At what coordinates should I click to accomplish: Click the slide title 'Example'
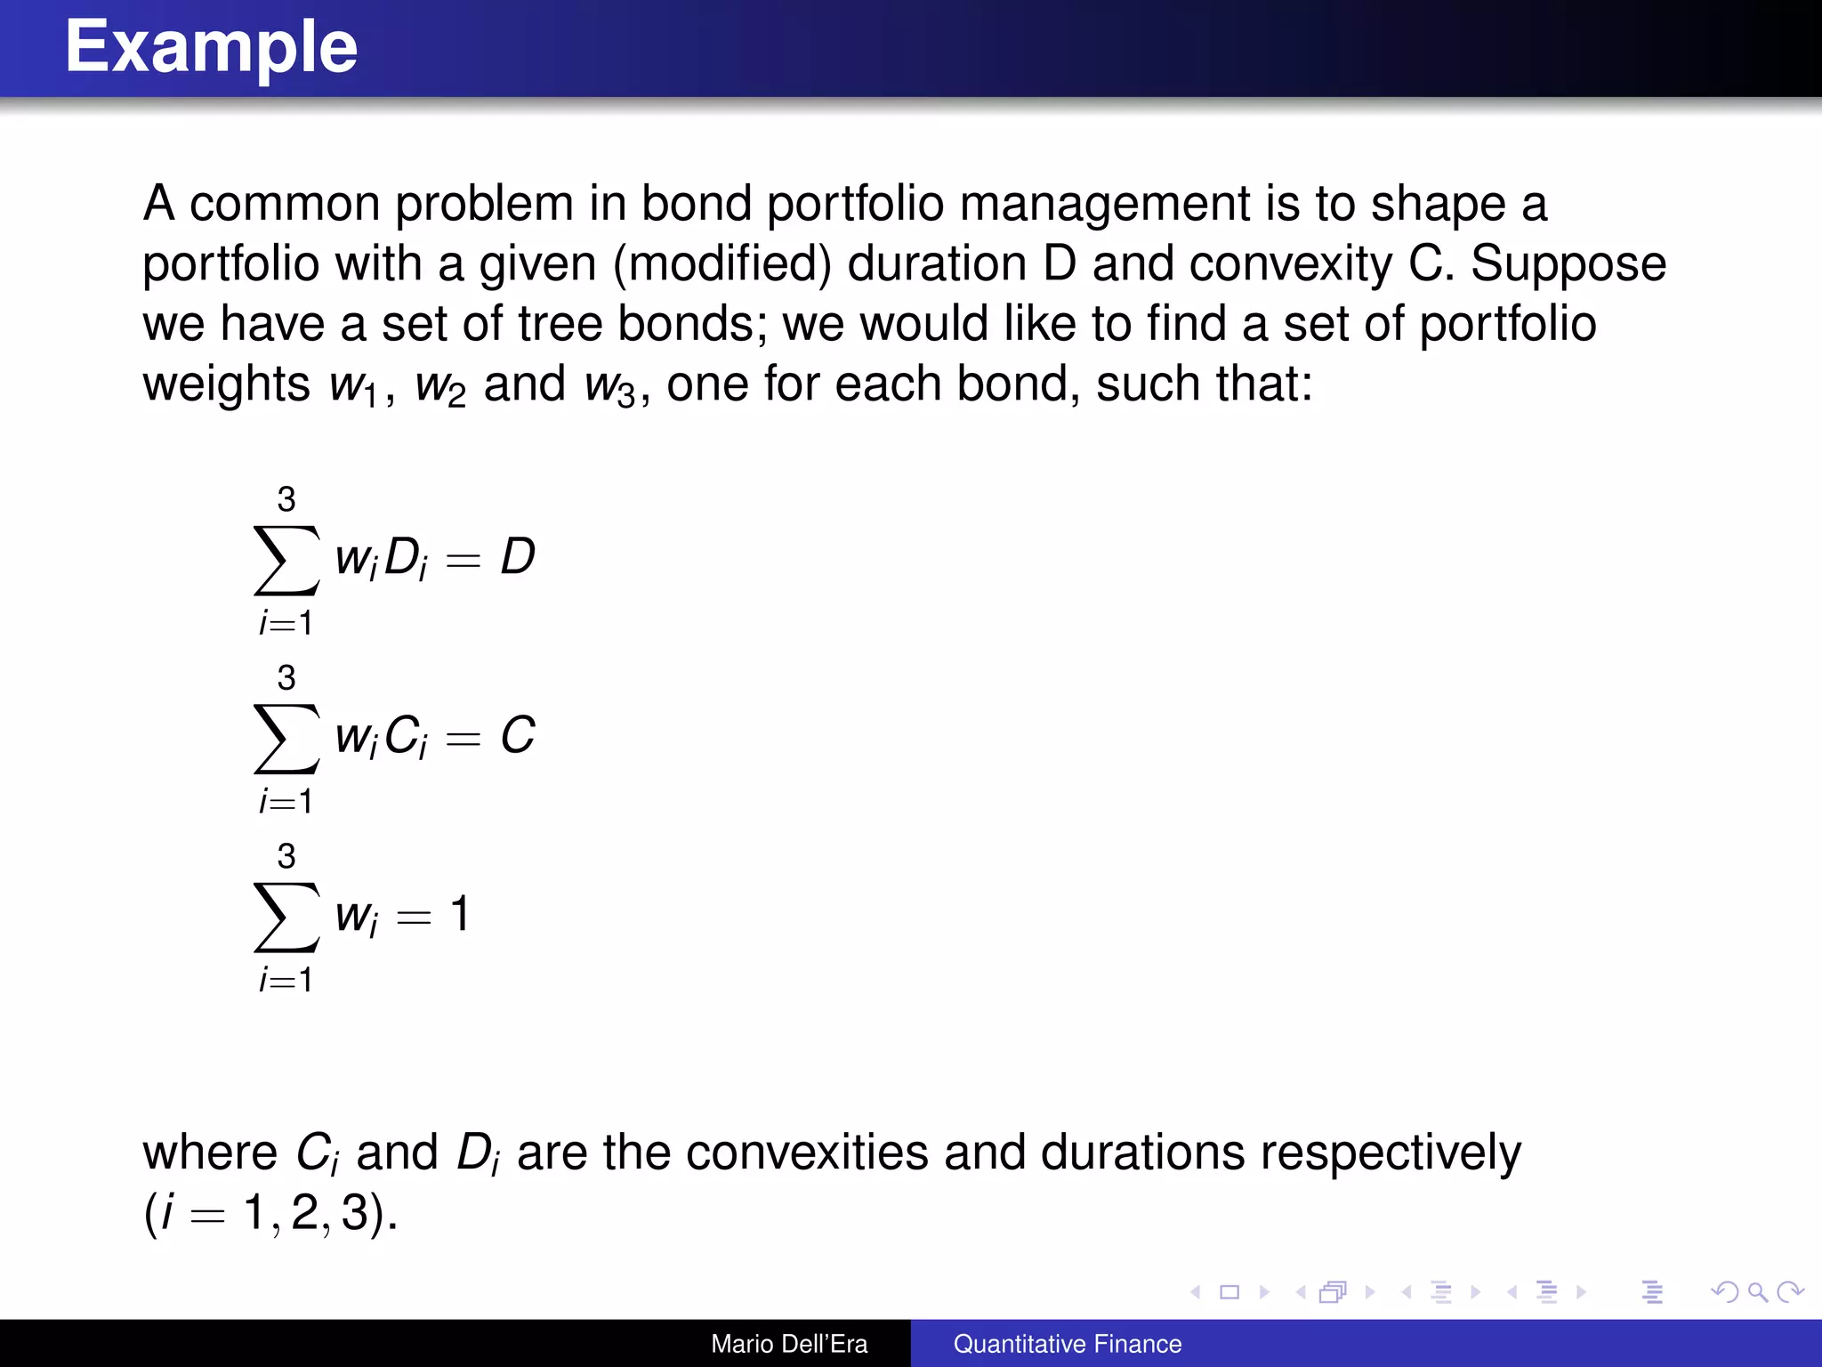211,47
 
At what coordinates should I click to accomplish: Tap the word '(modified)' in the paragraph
722,264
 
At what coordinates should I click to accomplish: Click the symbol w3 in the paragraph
609,386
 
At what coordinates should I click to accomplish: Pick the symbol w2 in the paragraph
439,386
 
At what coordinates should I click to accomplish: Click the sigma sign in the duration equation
286,560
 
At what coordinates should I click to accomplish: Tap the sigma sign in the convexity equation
286,738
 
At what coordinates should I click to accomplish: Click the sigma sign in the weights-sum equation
286,917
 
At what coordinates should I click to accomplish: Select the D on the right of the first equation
517,557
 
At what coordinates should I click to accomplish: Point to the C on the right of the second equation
517,736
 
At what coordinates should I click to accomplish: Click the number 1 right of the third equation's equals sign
459,914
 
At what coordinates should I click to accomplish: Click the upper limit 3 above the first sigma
286,499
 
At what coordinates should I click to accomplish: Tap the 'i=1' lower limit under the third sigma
286,980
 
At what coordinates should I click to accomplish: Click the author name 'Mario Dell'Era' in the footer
789,1344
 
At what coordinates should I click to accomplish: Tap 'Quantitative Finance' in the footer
1068,1344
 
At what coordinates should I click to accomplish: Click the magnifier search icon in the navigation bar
1757,1291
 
